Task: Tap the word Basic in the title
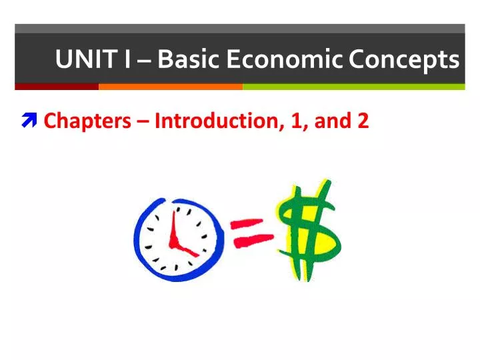click(x=188, y=60)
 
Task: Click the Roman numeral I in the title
click(x=127, y=60)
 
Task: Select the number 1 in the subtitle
click(x=297, y=121)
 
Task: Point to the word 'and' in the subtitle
click(x=331, y=121)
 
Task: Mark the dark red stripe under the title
click(x=57, y=87)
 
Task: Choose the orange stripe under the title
click(x=170, y=87)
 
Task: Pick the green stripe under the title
click(x=353, y=87)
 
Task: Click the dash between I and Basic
click(x=145, y=61)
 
